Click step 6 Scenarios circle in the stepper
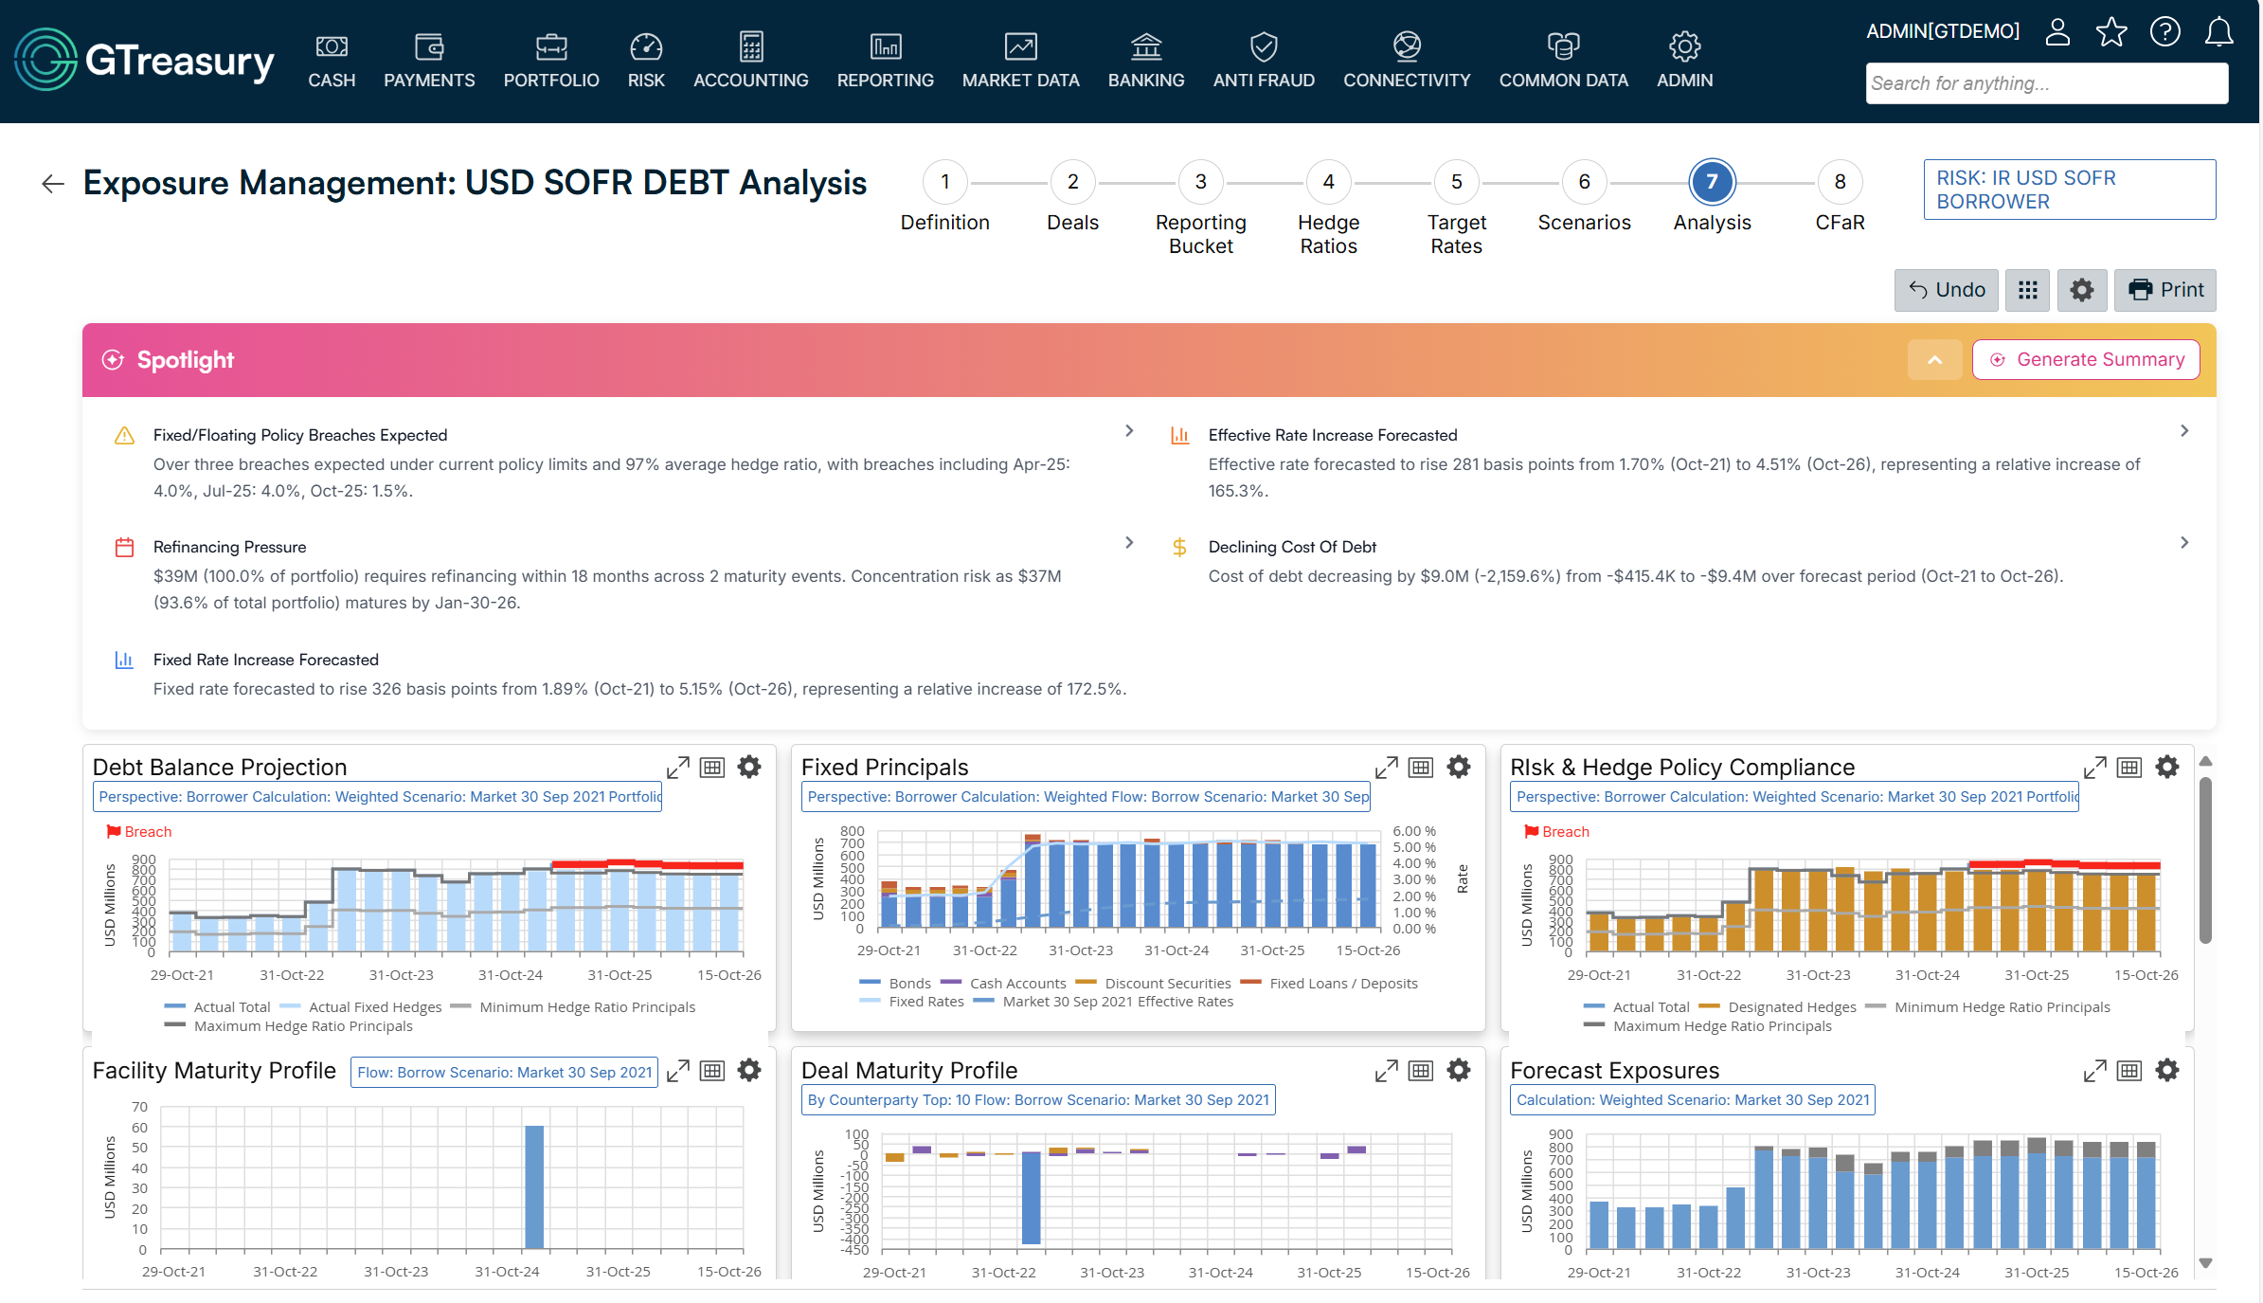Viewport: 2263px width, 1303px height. (1584, 182)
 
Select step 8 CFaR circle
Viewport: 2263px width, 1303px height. (1840, 182)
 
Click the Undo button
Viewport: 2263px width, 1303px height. (1947, 290)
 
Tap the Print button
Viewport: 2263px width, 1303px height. (2165, 290)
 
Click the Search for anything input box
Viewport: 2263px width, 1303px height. (2046, 83)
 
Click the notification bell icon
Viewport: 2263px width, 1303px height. (2218, 32)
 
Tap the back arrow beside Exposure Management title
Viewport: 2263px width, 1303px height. (53, 184)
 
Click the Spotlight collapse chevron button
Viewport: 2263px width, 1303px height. (1934, 360)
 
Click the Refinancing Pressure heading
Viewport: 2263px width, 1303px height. (229, 547)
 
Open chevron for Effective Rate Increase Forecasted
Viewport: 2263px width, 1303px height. (2184, 431)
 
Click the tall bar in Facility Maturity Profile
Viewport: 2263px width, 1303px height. (534, 1186)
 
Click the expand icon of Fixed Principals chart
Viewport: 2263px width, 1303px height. (1386, 768)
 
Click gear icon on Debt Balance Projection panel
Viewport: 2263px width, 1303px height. (749, 768)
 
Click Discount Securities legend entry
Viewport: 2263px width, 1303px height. (1167, 984)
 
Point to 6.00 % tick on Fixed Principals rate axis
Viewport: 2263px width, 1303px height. (1413, 831)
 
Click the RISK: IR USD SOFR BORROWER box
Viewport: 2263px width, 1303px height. (2069, 190)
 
